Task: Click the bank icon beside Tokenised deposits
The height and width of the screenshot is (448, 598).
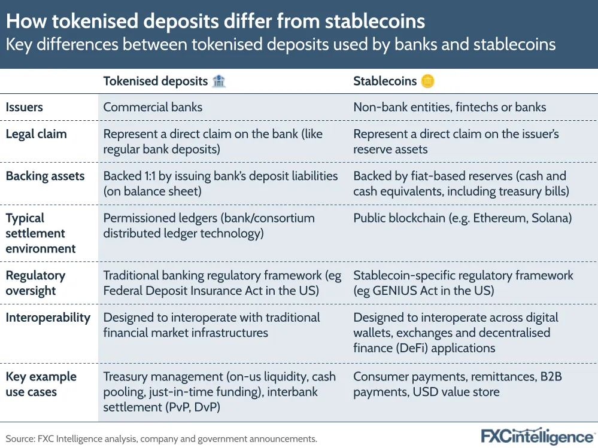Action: click(219, 81)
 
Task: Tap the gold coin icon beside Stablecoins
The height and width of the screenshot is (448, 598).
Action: click(427, 81)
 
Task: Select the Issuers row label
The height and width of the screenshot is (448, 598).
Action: click(24, 107)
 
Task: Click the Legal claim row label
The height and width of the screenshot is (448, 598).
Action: click(37, 134)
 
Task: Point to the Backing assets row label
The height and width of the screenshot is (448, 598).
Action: click(45, 176)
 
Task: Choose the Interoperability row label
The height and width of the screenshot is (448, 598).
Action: click(48, 318)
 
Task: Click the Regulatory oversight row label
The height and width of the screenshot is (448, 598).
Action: click(35, 283)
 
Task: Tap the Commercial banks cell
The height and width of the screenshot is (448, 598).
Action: click(153, 107)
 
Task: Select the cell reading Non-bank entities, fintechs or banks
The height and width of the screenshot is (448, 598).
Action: click(450, 107)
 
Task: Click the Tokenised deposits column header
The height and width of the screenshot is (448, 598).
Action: click(155, 81)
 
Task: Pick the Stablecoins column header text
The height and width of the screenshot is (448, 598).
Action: click(385, 81)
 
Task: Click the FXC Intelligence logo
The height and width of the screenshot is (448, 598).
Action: click(538, 437)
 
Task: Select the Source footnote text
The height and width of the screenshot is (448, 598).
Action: click(162, 439)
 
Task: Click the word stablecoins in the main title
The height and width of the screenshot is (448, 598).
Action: click(375, 21)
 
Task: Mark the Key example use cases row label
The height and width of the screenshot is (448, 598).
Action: click(41, 384)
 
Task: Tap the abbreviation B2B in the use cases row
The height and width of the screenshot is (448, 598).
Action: click(551, 376)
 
